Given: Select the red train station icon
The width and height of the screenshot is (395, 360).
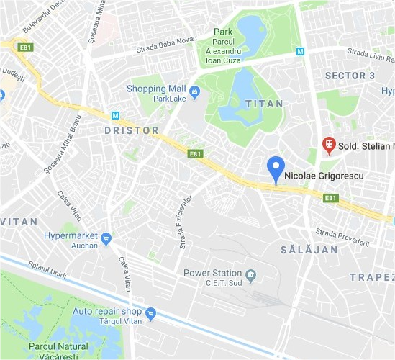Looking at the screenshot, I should (330, 144).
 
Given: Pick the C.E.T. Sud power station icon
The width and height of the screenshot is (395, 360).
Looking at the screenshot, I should (250, 274).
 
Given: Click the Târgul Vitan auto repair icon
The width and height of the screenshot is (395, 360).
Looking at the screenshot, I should (150, 312).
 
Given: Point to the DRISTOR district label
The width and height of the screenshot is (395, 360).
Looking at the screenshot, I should (130, 130).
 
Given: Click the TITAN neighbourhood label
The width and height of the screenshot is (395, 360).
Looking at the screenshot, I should (260, 104).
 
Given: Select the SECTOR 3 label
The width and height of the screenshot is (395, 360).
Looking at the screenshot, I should (350, 75).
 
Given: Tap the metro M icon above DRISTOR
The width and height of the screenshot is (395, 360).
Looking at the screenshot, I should (114, 115).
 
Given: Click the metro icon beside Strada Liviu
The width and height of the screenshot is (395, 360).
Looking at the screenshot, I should (300, 51).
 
